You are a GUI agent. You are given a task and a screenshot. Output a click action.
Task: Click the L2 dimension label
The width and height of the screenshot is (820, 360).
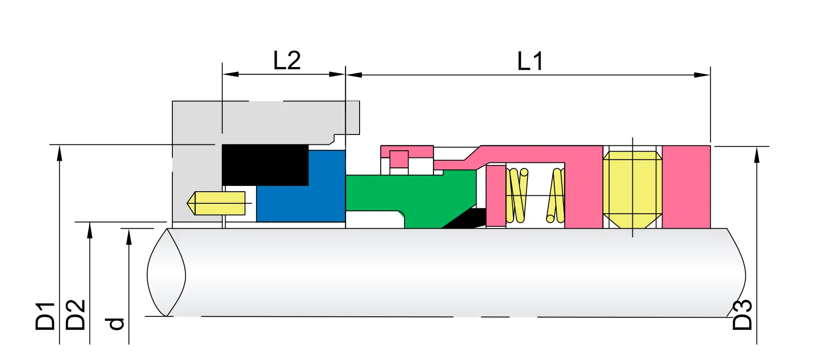[287, 61]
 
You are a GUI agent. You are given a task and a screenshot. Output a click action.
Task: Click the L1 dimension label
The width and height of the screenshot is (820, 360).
[530, 61]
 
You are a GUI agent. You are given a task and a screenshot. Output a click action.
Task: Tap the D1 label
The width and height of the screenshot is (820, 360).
[45, 316]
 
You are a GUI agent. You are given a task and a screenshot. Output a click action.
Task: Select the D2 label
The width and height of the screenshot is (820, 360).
[75, 315]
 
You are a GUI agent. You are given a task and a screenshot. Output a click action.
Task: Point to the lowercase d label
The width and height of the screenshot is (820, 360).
[114, 324]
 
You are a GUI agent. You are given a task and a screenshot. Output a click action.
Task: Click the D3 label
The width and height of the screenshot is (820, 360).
[742, 315]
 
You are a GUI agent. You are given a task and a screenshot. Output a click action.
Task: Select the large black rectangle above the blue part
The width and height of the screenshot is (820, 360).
[265, 165]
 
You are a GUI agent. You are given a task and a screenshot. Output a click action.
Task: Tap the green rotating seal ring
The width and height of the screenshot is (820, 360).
[405, 193]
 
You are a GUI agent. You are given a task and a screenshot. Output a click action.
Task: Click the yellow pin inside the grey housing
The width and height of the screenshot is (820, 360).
[216, 203]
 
